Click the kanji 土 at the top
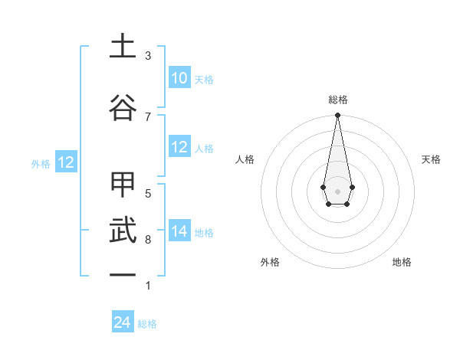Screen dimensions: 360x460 point(123,46)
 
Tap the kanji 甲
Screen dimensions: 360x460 point(123,185)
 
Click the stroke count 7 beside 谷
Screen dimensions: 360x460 point(148,116)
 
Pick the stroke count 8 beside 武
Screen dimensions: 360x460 point(148,240)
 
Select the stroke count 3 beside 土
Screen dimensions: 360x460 point(148,56)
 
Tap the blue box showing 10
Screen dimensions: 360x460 point(179,78)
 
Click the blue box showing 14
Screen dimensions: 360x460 point(179,231)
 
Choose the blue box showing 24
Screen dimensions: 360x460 point(123,322)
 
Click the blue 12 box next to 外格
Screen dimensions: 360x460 point(66,162)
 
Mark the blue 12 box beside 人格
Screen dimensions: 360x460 point(179,147)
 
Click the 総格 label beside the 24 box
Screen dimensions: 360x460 point(147,324)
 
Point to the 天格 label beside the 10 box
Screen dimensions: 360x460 point(203,80)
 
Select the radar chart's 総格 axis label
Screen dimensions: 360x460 point(338,100)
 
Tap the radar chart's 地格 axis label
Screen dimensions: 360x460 point(402,262)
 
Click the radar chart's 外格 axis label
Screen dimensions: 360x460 point(270,262)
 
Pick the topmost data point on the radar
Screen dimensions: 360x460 point(337,116)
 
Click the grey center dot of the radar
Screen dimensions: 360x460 point(337,190)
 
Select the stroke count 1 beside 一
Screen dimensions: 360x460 point(148,286)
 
